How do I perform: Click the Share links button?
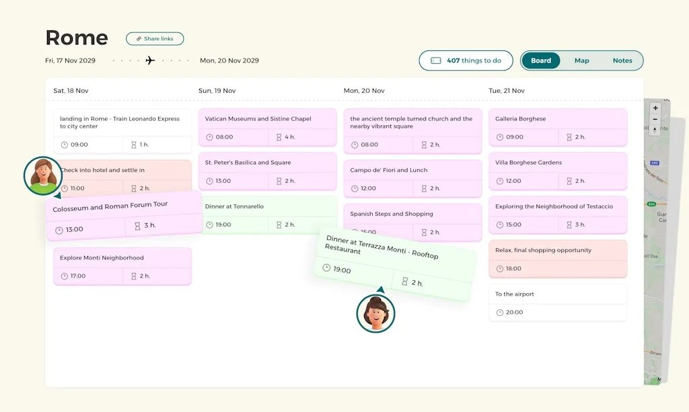tap(155, 39)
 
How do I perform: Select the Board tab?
tap(541, 60)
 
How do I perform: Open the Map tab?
tap(581, 60)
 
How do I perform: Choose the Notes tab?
tap(622, 60)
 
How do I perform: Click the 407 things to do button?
tap(466, 60)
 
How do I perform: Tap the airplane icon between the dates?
tap(150, 60)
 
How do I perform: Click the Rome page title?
tap(77, 38)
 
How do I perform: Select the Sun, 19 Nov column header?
tap(217, 91)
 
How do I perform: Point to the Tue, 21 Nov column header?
tap(507, 91)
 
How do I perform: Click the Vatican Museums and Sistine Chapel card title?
tap(258, 119)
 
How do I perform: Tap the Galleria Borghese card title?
tap(520, 119)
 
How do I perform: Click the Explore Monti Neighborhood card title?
tap(102, 258)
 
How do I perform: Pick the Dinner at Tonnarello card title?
tap(234, 206)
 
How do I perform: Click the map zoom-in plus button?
tap(655, 108)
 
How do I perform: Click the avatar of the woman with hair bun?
tap(375, 313)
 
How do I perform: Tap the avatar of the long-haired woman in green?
tap(43, 176)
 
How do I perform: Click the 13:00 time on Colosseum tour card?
tap(74, 230)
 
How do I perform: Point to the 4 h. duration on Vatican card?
tap(289, 137)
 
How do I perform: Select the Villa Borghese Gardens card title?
tap(528, 163)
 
